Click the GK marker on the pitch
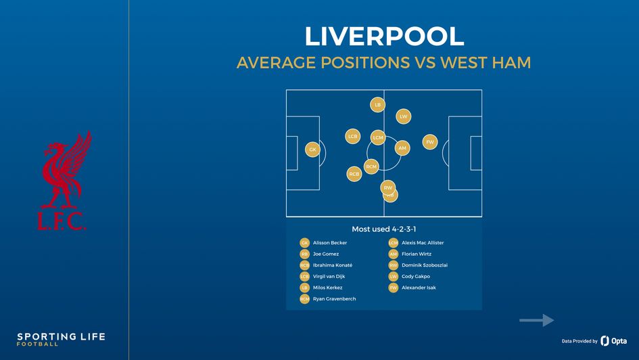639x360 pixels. click(x=312, y=149)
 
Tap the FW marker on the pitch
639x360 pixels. click(x=429, y=142)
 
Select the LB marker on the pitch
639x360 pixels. click(x=377, y=105)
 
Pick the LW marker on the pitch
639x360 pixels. click(x=403, y=116)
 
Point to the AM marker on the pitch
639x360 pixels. click(x=402, y=148)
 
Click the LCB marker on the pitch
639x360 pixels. click(x=352, y=136)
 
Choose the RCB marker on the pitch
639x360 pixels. click(x=354, y=174)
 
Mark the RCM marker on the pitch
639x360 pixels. click(x=371, y=166)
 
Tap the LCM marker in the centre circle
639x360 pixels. click(x=378, y=137)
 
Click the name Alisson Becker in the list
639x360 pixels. click(x=330, y=243)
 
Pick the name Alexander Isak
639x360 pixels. click(x=419, y=288)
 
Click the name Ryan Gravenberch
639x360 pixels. click(x=334, y=298)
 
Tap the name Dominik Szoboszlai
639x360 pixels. click(x=425, y=265)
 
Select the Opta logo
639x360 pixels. click(x=614, y=341)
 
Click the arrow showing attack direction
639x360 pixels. click(x=537, y=320)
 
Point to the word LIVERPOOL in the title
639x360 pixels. click(x=383, y=37)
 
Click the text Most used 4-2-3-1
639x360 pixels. click(x=383, y=229)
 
